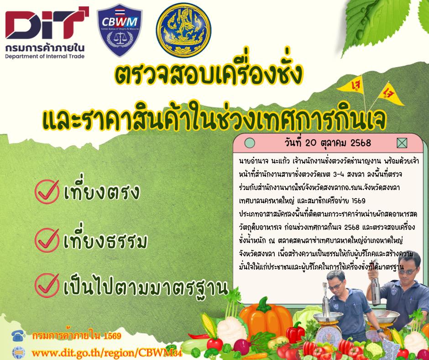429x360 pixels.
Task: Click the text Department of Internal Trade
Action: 45,56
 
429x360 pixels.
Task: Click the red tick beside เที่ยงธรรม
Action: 47,238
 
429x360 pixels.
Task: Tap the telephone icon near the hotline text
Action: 18,337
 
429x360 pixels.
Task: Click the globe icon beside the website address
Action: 18,352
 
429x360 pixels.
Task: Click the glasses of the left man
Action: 338,283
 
